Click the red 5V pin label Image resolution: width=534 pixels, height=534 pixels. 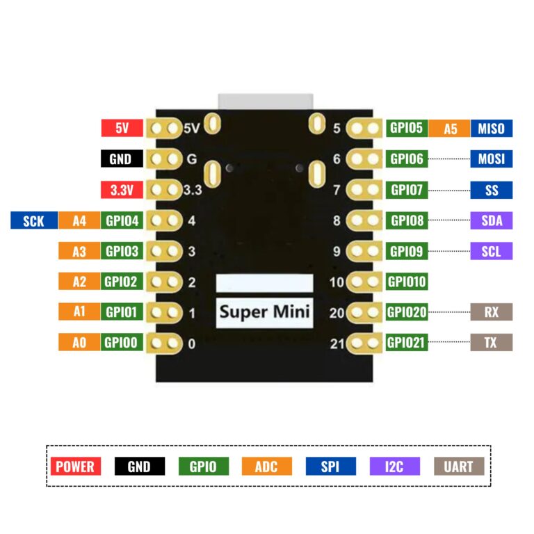[122, 128]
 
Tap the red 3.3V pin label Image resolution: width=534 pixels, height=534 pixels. [122, 190]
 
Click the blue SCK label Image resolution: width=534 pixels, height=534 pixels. [33, 220]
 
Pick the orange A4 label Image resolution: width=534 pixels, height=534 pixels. [79, 220]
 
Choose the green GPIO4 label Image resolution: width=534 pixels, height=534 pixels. [122, 220]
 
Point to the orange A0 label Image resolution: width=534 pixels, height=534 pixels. [79, 342]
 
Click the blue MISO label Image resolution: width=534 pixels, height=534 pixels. [491, 128]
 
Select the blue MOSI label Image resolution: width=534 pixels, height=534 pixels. [491, 159]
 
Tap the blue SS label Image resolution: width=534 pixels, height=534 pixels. [491, 190]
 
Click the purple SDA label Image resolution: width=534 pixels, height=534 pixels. [491, 220]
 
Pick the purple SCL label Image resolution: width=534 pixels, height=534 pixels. [491, 251]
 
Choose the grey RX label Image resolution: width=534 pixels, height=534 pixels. [491, 311]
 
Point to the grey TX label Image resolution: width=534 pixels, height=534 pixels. [491, 342]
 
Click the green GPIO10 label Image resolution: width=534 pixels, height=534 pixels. [407, 282]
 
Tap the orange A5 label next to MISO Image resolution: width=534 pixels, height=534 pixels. [450, 128]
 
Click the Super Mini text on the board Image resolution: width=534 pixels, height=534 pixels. [264, 311]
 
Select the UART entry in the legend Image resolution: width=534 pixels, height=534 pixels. [458, 466]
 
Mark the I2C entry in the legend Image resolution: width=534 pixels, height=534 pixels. [394, 466]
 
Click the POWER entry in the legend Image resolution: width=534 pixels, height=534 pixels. [75, 466]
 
